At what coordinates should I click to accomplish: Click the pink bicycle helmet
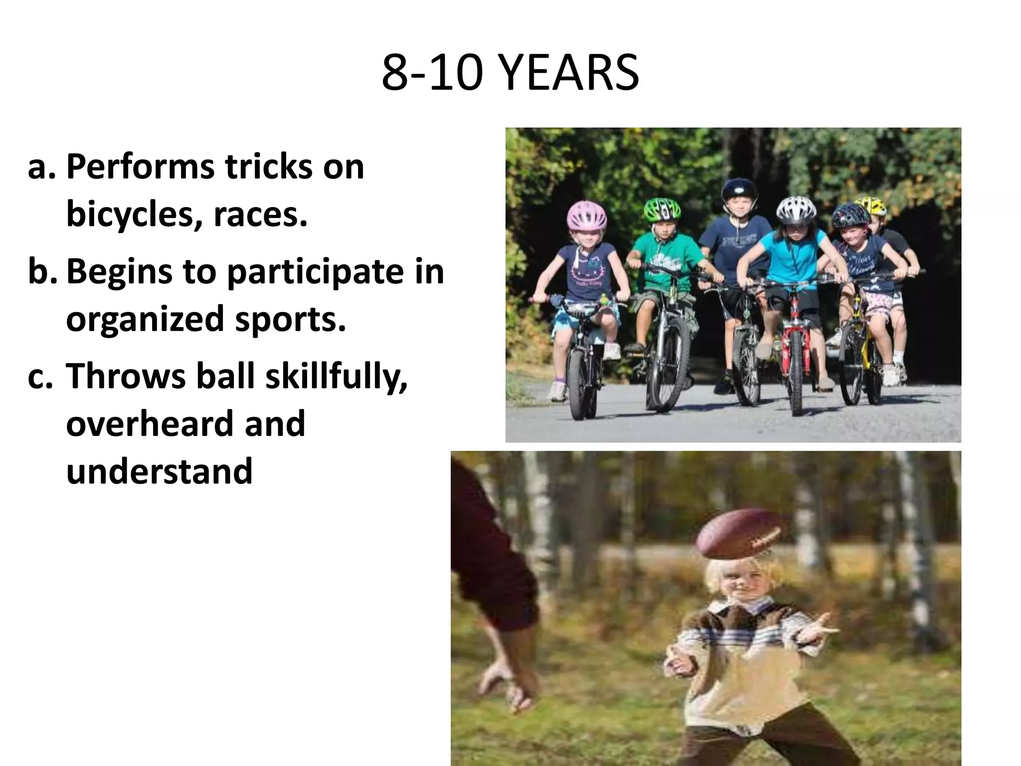587,215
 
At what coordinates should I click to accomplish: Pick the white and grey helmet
796,209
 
